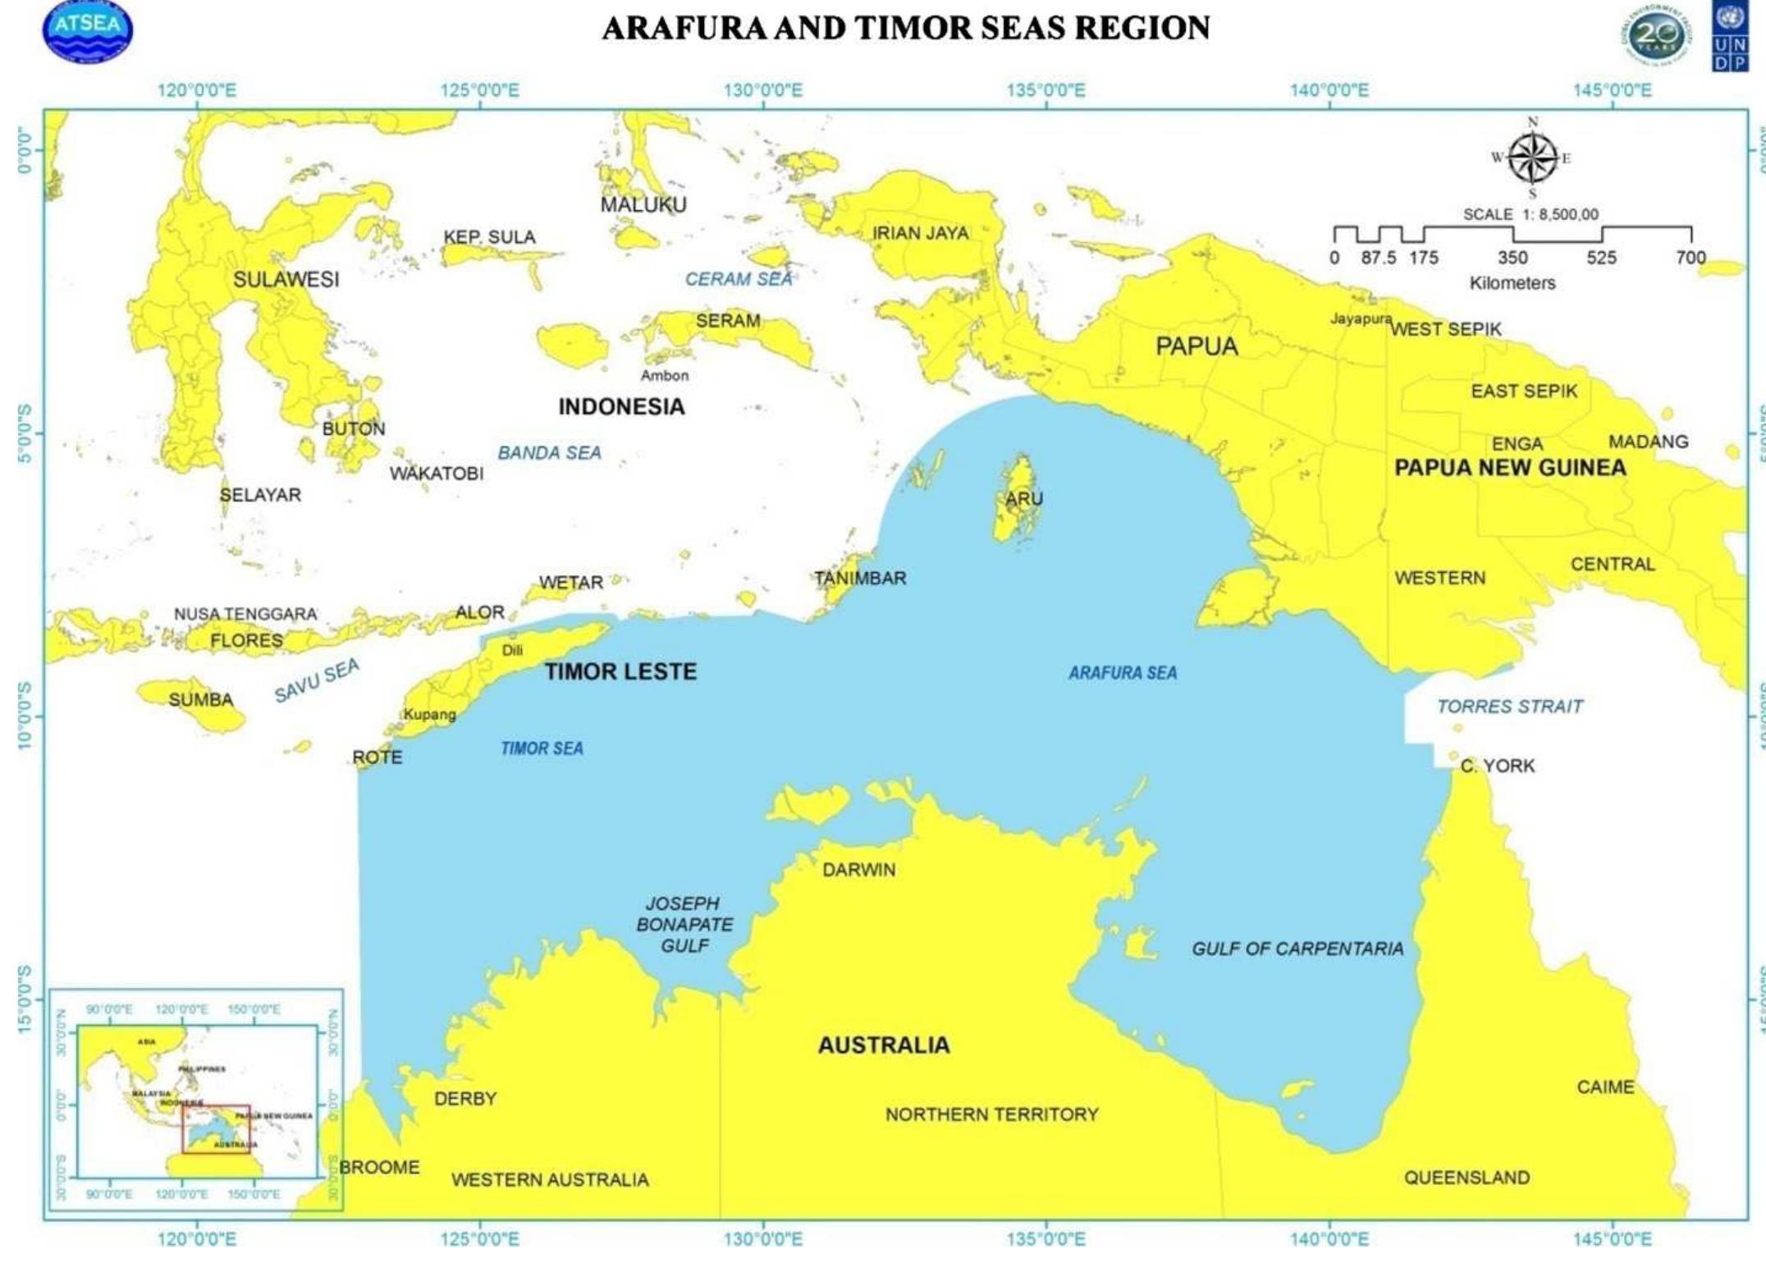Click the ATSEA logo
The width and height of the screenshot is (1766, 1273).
coord(87,31)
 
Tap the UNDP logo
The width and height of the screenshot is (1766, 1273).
coord(1730,38)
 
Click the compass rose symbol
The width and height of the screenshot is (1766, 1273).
coord(1532,158)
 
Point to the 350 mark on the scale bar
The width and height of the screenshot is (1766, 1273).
coord(1512,257)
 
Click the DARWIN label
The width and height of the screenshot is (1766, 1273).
coord(858,870)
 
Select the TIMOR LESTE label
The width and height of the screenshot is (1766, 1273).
coord(620,671)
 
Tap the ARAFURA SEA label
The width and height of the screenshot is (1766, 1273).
coord(1122,673)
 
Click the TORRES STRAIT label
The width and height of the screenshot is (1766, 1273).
coord(1509,707)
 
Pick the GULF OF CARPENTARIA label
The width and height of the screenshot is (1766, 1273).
coord(1297,949)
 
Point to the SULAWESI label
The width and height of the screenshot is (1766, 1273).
coord(286,279)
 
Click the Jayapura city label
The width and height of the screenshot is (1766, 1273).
coord(1360,318)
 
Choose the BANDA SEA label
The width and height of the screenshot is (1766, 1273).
coord(549,453)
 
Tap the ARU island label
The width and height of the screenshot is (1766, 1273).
coord(1024,498)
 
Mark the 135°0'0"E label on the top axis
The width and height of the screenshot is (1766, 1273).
coord(1045,90)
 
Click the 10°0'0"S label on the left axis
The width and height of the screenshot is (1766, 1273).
coord(25,715)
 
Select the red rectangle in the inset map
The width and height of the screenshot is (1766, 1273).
coord(216,1129)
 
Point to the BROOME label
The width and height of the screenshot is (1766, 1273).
coord(379,1167)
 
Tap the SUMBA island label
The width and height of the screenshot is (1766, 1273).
coord(201,700)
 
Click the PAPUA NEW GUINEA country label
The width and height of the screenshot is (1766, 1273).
coord(1510,468)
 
